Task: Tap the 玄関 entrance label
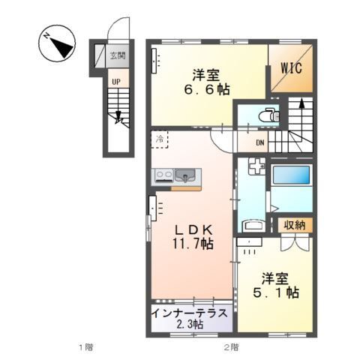(118, 55)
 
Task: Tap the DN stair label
(259, 144)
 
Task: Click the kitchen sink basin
(187, 176)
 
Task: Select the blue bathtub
(290, 176)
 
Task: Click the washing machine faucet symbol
(256, 167)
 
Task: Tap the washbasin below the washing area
(253, 224)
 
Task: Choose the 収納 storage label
(293, 224)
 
